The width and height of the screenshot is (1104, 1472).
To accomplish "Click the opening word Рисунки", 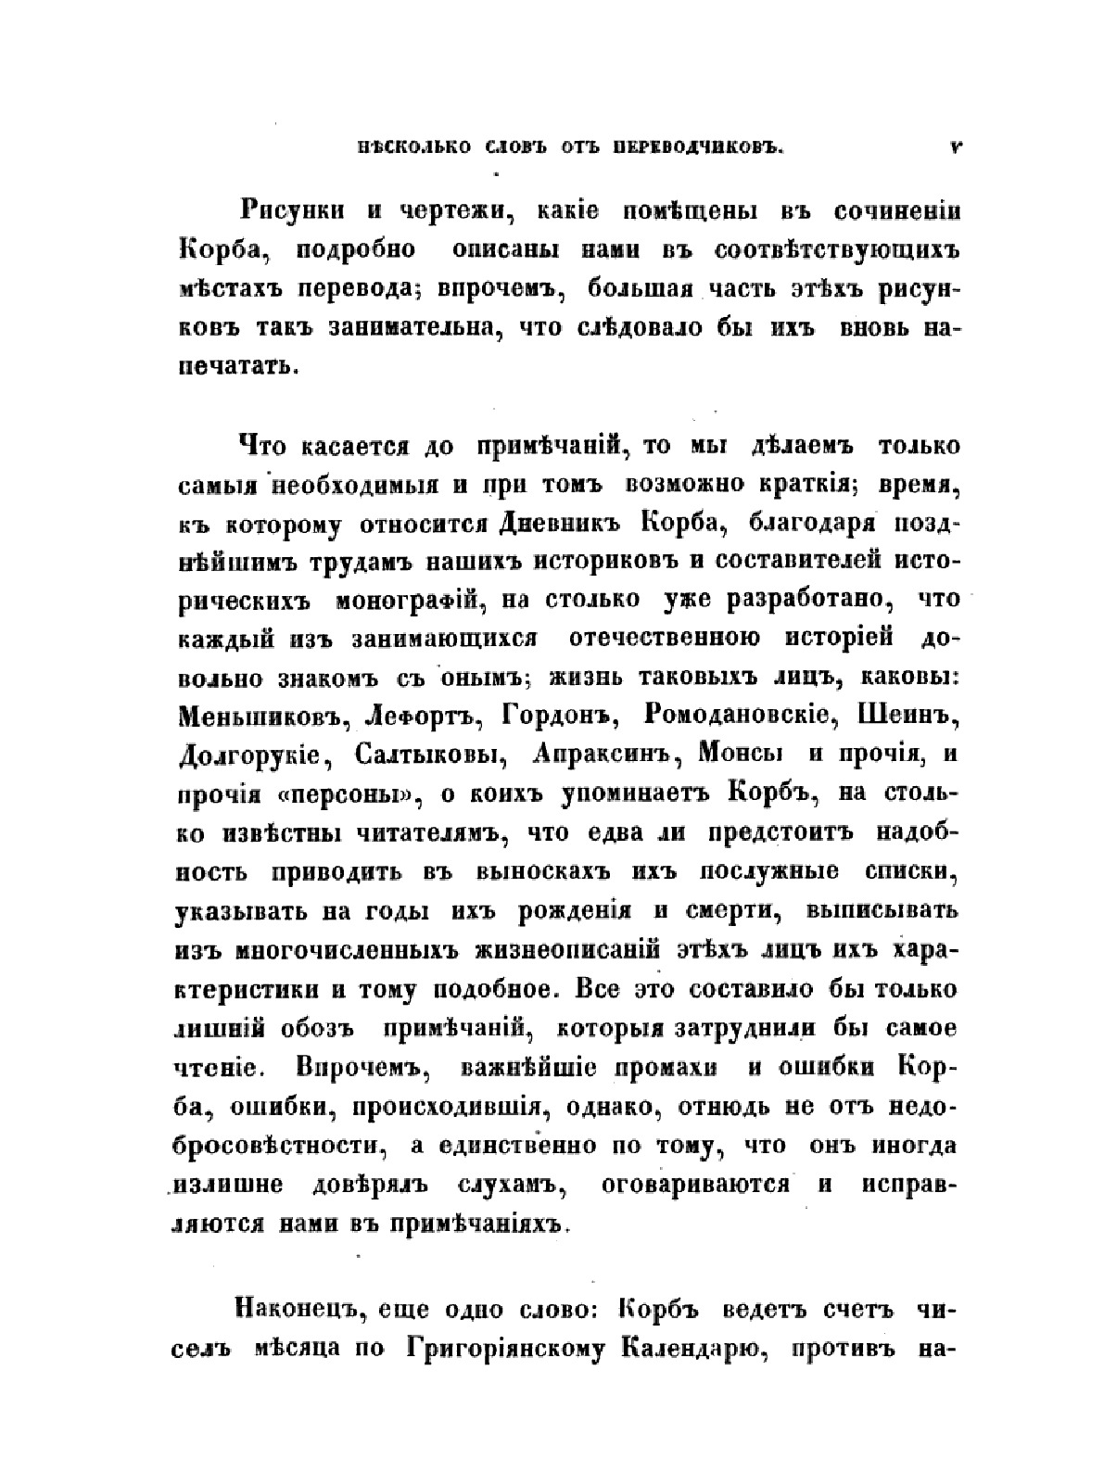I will click(292, 210).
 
